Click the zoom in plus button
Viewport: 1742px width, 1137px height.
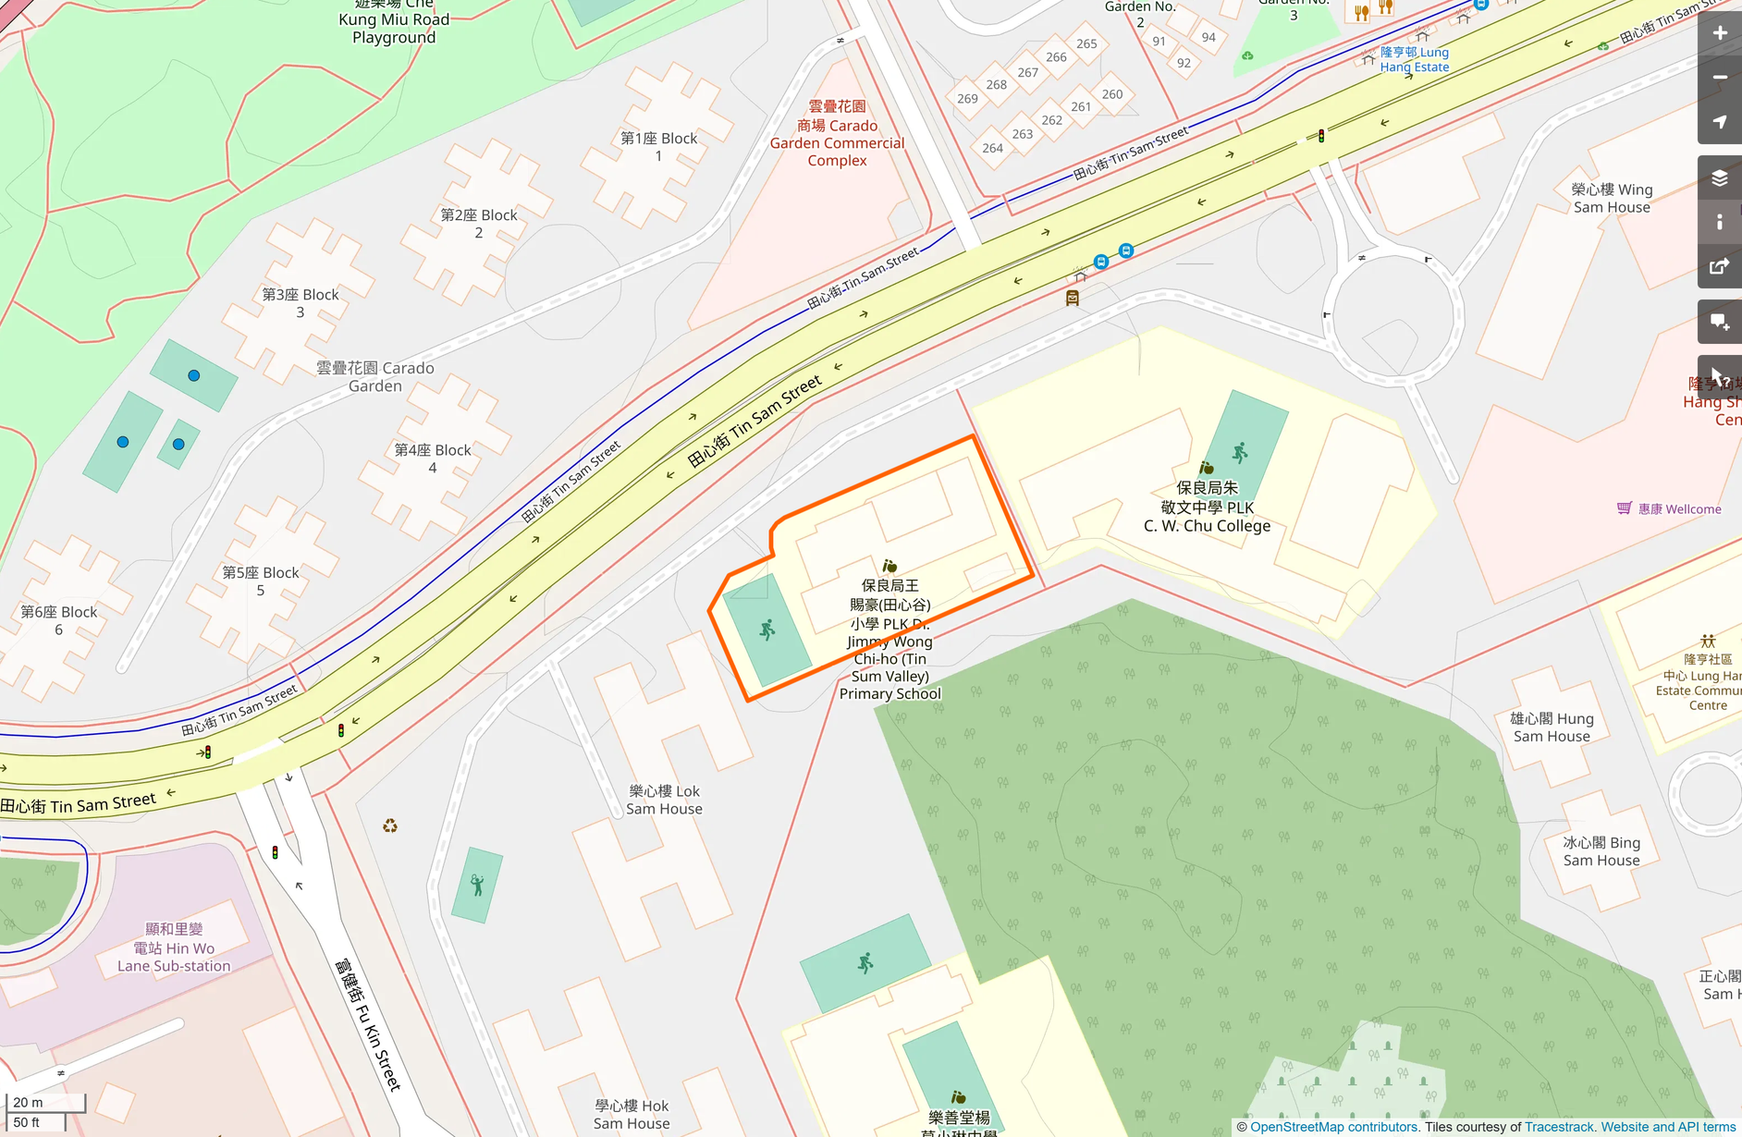[1719, 33]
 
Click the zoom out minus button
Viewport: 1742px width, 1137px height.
[1719, 78]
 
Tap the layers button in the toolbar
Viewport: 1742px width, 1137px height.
[1719, 178]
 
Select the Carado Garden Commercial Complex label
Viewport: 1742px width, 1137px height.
[837, 134]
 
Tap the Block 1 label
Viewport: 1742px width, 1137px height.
[658, 147]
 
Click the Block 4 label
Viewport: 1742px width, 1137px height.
[433, 458]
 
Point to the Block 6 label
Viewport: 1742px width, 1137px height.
[58, 620]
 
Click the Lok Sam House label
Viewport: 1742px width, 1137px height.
[664, 800]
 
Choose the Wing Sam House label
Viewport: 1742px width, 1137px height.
[1612, 198]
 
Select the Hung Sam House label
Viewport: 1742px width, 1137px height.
[1552, 727]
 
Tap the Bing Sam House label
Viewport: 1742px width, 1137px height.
[1601, 851]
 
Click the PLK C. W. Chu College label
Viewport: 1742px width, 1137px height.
[1207, 507]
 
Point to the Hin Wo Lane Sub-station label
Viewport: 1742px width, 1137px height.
[174, 947]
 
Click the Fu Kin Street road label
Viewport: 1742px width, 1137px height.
[368, 1024]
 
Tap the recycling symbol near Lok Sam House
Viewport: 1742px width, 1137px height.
[390, 825]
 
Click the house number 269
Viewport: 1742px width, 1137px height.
[967, 99]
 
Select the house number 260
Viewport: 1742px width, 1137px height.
[1112, 94]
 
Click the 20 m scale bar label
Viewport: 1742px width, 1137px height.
[29, 1102]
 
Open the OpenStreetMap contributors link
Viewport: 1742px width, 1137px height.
[1333, 1127]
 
